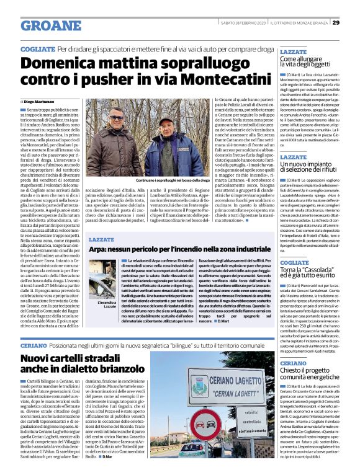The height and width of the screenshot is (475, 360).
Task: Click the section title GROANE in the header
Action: [51, 25]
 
